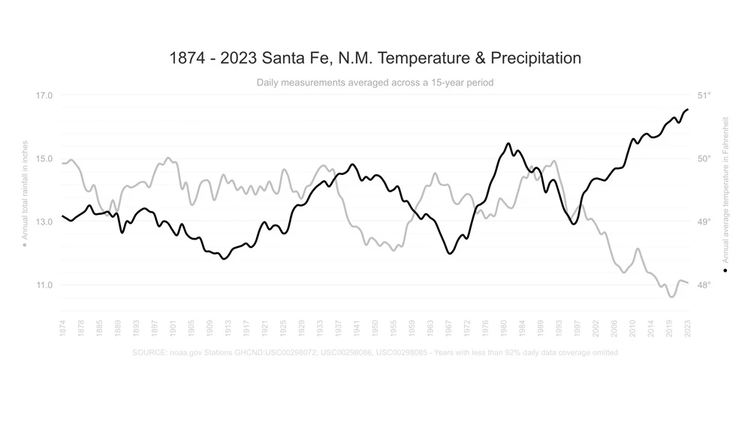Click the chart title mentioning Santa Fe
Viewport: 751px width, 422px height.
pos(375,58)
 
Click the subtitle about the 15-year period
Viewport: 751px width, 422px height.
pos(375,83)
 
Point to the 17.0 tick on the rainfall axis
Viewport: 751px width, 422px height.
pos(44,95)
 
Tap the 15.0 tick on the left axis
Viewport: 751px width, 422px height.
pos(44,158)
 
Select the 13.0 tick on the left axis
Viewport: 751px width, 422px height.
pos(44,222)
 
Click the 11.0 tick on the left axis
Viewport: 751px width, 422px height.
pos(44,285)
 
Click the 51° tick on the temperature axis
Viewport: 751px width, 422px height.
pos(704,95)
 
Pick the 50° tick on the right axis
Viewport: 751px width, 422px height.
pos(704,158)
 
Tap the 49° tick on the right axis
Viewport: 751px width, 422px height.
pos(704,222)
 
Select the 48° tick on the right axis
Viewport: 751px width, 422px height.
pos(704,285)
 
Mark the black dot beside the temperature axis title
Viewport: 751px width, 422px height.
pos(725,270)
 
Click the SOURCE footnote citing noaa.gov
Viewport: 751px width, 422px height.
pos(375,352)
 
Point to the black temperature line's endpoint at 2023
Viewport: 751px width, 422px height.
pos(688,110)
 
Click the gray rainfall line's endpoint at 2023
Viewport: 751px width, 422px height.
pos(688,282)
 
